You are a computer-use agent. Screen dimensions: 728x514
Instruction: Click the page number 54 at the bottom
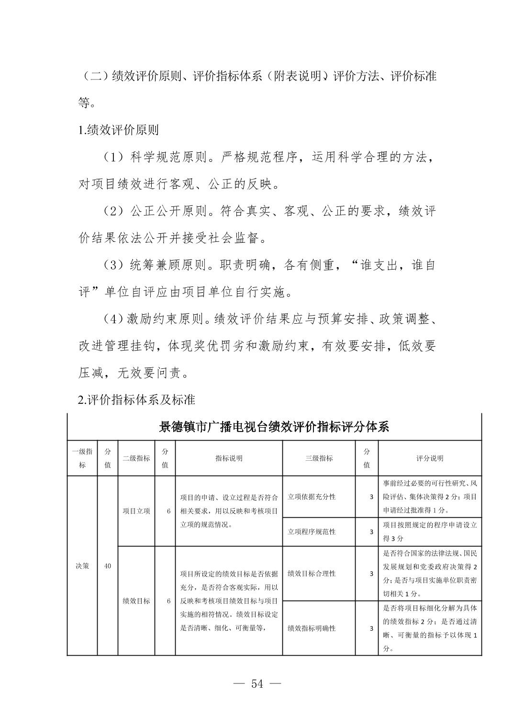click(x=257, y=683)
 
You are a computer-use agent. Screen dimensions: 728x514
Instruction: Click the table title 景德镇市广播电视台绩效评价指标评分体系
click(x=274, y=427)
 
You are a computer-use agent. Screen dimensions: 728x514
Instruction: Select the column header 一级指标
click(x=82, y=458)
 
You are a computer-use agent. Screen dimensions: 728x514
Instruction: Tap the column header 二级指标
click(x=136, y=458)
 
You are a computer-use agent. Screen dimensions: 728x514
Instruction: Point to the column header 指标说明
click(x=229, y=458)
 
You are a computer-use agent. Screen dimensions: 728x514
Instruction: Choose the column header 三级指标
click(x=319, y=458)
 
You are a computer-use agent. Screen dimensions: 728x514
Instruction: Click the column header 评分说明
click(x=429, y=458)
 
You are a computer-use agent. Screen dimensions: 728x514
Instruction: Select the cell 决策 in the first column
click(x=82, y=566)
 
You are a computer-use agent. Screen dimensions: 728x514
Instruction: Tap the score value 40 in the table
click(x=108, y=566)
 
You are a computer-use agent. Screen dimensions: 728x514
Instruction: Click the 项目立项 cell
click(x=136, y=511)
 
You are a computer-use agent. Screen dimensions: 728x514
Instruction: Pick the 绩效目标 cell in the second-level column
click(x=136, y=601)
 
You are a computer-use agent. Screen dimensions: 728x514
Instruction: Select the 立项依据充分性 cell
click(x=312, y=497)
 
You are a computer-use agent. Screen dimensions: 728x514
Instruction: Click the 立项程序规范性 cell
click(x=312, y=531)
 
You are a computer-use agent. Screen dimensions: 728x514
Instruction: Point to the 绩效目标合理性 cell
click(x=312, y=573)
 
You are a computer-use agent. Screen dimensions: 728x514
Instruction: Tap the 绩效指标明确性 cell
click(x=312, y=628)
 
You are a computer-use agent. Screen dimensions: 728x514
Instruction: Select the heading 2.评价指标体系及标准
click(x=136, y=399)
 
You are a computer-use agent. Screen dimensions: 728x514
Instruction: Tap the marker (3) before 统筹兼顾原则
click(x=113, y=265)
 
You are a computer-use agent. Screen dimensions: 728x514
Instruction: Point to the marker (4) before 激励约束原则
click(x=113, y=318)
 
